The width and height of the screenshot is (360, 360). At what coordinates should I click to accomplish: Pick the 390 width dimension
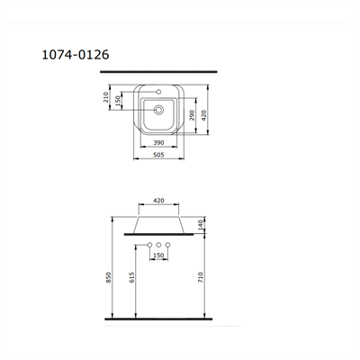point(158,142)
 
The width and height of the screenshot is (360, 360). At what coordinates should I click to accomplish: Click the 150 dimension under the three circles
point(158,256)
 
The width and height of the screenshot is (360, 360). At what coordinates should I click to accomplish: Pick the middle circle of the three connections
point(158,246)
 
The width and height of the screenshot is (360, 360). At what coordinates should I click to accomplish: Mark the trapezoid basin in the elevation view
point(158,224)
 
